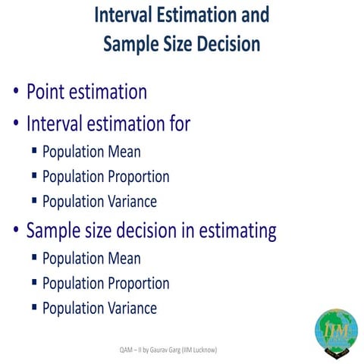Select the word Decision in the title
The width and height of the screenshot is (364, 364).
coord(225,44)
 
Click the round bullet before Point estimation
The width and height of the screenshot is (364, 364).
coord(16,93)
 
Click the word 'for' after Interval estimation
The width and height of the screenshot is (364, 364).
coord(178,123)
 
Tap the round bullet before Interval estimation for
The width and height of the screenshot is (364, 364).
coord(16,124)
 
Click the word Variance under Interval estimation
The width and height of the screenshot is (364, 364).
coord(131,202)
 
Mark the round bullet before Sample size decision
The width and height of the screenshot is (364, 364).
coord(16,231)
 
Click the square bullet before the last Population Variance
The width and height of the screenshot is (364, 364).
coord(34,307)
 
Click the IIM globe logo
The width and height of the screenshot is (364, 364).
coord(336,331)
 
